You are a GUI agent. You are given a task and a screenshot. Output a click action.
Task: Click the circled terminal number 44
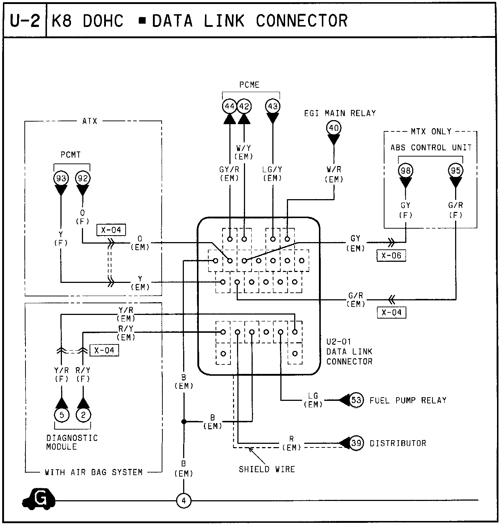[230, 106]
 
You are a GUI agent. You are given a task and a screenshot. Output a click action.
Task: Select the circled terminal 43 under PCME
[273, 106]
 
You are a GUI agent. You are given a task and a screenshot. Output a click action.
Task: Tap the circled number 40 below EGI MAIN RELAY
[334, 128]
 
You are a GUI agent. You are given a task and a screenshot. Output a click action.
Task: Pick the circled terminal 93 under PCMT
[61, 178]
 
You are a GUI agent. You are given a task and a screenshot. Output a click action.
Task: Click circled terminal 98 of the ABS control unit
[405, 170]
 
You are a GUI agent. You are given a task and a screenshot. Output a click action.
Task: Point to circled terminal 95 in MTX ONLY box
[455, 170]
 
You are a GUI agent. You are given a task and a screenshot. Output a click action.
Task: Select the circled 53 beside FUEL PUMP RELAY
[356, 400]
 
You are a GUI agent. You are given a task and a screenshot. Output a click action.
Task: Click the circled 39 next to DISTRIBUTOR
[356, 443]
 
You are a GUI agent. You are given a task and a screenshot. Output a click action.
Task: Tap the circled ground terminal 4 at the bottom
[184, 501]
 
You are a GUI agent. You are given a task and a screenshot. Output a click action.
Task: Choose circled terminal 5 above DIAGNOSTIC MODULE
[62, 415]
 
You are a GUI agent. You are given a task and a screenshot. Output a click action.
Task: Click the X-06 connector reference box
[391, 256]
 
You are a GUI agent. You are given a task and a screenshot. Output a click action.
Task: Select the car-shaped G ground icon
[39, 499]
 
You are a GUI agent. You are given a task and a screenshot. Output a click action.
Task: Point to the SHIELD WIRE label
[267, 469]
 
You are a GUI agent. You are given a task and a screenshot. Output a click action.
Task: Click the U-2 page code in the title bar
[25, 21]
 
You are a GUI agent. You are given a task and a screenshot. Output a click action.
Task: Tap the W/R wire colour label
[334, 169]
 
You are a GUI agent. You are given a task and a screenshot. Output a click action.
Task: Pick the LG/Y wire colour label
[272, 169]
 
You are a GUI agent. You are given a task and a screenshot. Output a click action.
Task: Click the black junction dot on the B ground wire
[184, 422]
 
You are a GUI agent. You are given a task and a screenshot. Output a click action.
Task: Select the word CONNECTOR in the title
[301, 21]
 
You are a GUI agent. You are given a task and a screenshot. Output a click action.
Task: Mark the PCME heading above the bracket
[249, 85]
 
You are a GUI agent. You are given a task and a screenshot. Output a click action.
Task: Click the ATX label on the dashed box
[90, 121]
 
